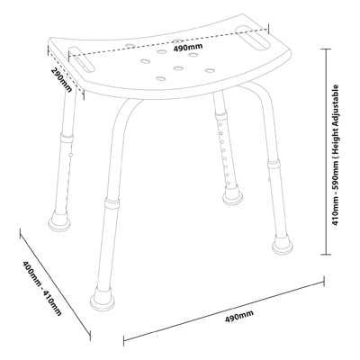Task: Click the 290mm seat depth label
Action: coord(62,80)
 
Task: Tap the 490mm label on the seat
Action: coord(188,48)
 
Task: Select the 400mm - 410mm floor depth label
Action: coord(41,288)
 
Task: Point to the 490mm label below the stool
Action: coord(239,316)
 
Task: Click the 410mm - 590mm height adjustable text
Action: coord(336,156)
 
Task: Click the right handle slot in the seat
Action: coord(253,37)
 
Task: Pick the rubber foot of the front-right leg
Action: coord(283,243)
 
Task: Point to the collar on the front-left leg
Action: coord(112,203)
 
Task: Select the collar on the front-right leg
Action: coord(274,164)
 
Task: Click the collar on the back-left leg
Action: coord(67,138)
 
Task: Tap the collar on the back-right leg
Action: coord(220,115)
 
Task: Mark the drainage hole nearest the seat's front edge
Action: coord(161,79)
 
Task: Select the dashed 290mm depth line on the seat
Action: coord(66,72)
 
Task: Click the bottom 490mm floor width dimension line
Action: coord(224,309)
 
